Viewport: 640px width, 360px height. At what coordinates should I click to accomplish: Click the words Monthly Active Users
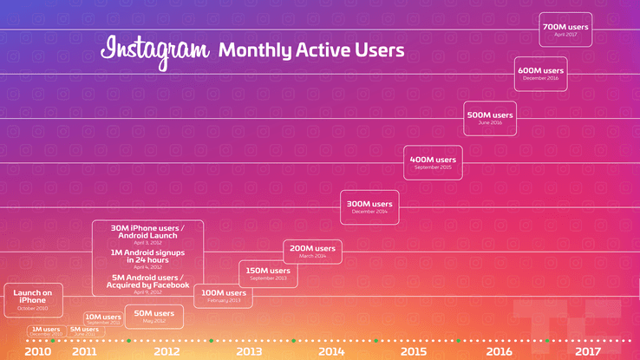311,50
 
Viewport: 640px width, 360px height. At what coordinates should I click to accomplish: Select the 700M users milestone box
565,30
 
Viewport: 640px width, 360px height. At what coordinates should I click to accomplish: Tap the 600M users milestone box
540,74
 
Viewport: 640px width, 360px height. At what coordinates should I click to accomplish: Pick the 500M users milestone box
490,118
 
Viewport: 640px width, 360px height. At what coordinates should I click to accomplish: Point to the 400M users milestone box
433,162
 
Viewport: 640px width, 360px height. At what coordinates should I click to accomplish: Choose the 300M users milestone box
369,206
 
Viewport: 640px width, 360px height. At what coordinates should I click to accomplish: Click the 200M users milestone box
312,251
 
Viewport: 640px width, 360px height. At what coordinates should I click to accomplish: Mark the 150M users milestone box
268,274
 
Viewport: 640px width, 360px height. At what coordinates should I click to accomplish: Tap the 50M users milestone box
154,316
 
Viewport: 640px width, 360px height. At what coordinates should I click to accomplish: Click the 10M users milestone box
103,318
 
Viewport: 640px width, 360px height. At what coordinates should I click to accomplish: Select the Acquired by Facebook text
147,285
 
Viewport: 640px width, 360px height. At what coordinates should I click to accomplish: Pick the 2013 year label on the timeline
248,351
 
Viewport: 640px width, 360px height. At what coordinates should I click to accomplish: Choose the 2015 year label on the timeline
413,351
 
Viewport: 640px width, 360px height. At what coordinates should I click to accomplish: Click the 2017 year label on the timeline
587,351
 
